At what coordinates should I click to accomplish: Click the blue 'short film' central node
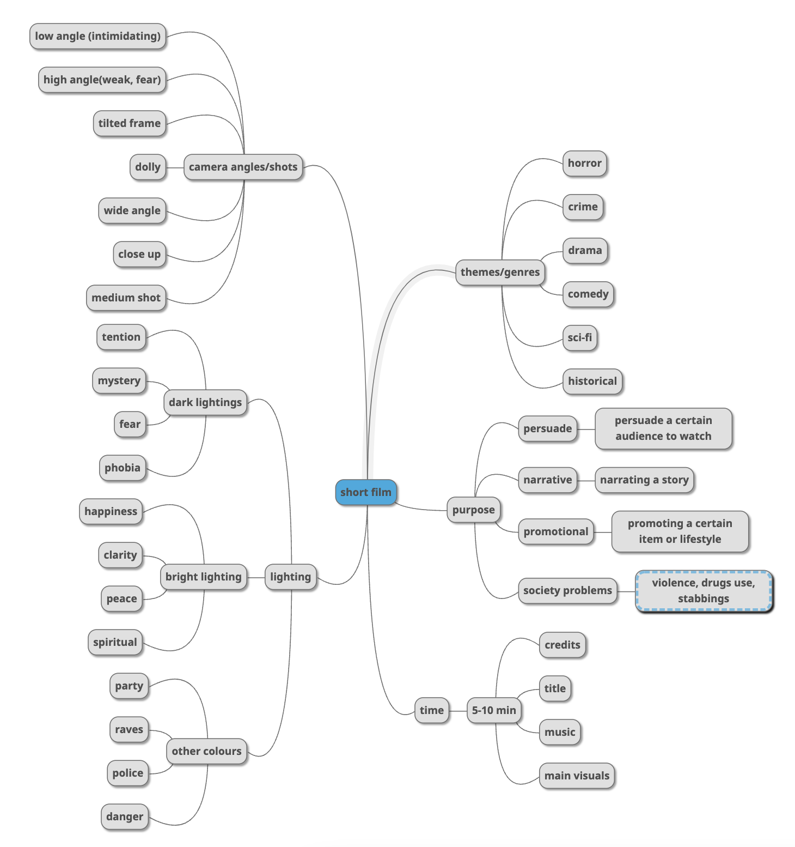coord(365,492)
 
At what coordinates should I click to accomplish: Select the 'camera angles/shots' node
coord(243,167)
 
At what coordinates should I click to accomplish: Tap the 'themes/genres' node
coord(500,272)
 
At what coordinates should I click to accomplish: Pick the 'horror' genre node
coord(584,163)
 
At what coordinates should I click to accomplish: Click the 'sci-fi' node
coord(579,337)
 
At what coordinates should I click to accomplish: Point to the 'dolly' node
coord(148,167)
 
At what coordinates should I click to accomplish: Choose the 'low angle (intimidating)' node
coord(97,36)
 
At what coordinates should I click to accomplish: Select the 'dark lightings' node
coord(205,402)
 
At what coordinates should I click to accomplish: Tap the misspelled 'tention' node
coord(121,337)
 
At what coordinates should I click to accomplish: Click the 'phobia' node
coord(123,468)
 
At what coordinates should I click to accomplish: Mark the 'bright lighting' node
coord(203,577)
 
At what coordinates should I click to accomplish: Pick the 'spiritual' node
coord(115,642)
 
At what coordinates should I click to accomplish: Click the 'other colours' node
coord(206,751)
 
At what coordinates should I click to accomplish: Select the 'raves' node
coord(129,729)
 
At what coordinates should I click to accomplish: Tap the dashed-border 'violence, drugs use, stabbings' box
coord(704,591)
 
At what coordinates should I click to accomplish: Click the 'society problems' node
coord(567,590)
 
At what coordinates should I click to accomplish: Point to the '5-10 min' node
coord(494,710)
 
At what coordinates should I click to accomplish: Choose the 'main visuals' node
coord(577,776)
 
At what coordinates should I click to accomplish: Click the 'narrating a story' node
coord(644,480)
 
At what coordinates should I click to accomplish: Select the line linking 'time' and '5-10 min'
coord(458,711)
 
